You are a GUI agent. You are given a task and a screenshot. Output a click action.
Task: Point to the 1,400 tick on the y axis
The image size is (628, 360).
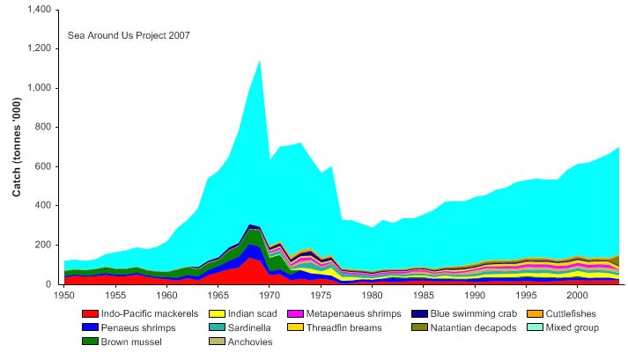click(x=40, y=10)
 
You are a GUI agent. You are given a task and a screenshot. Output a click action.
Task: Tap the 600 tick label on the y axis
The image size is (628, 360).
click(x=46, y=166)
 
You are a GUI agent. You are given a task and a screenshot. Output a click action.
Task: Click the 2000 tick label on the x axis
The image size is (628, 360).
click(x=577, y=294)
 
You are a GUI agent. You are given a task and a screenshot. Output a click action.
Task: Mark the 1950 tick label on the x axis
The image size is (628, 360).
click(x=63, y=294)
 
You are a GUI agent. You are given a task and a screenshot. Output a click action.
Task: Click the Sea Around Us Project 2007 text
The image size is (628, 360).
click(x=129, y=36)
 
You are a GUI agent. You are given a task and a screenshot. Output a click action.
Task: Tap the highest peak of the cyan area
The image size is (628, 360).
click(x=259, y=60)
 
